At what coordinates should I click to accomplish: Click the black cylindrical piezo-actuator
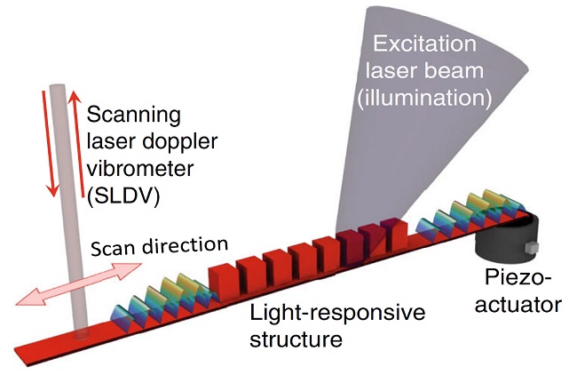click(505, 243)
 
